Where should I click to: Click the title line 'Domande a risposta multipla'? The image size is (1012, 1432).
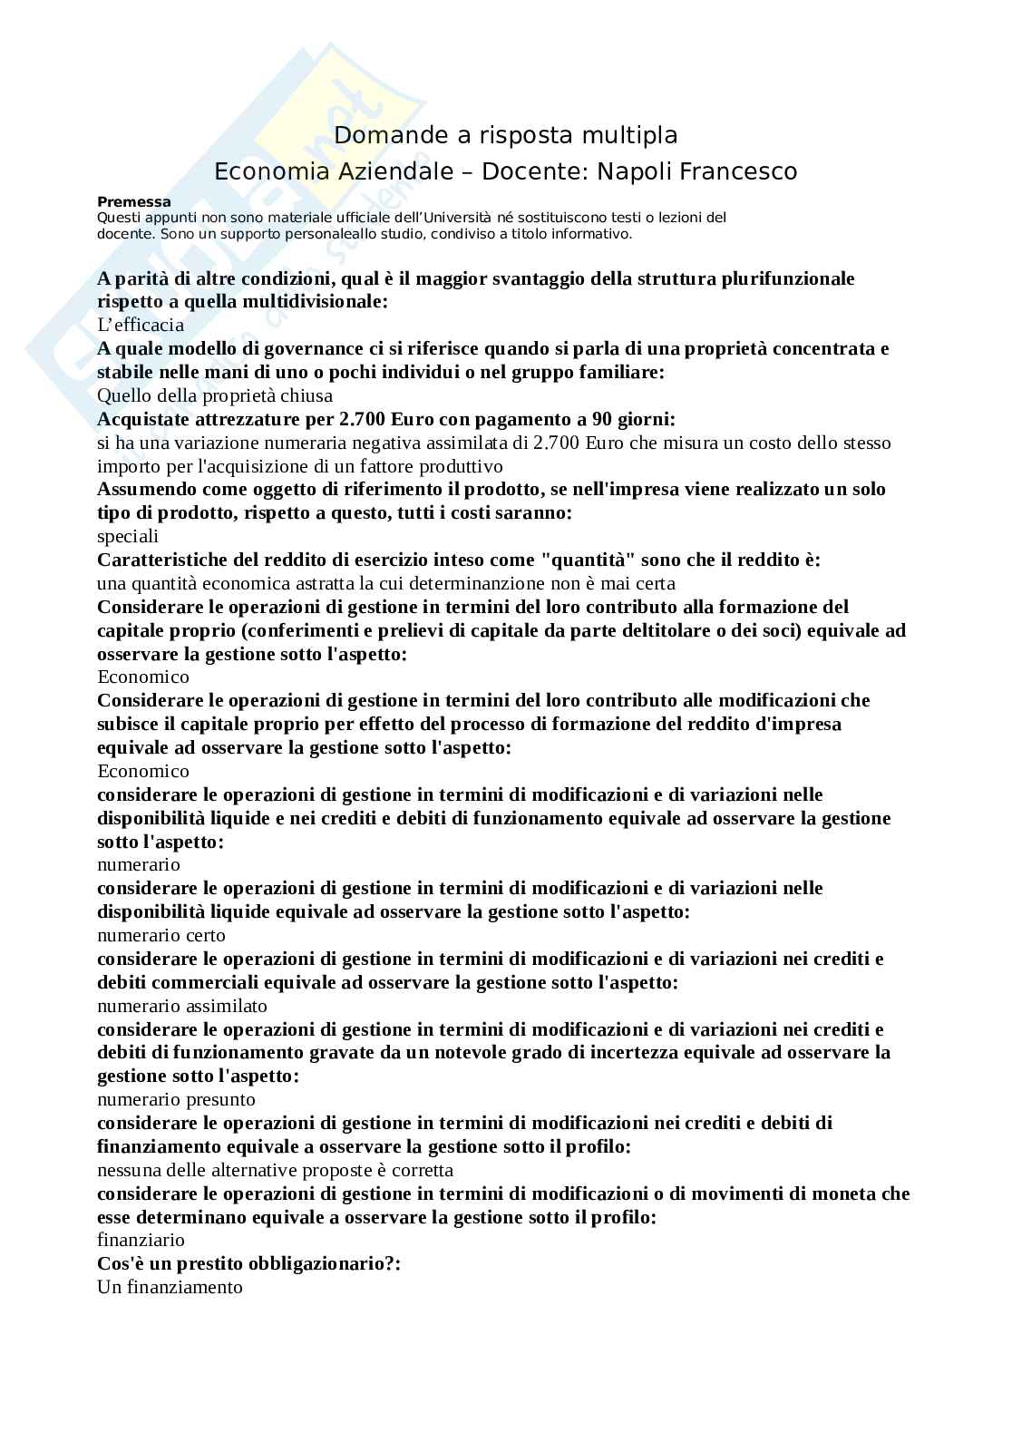coord(506,135)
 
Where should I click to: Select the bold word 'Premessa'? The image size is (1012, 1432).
coord(134,202)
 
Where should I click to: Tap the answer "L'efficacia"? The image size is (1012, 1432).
coord(141,325)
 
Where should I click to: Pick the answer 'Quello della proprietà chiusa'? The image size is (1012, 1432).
coord(215,395)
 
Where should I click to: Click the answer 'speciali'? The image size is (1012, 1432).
coord(128,536)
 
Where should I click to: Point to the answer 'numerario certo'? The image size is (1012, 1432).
coord(161,935)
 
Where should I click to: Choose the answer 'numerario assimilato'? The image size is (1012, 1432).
coord(182,1006)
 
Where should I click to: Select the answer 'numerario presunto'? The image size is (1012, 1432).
coord(176,1099)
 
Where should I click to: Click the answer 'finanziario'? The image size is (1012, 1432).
coord(141,1240)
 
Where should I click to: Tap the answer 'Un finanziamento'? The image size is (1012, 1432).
coord(170,1287)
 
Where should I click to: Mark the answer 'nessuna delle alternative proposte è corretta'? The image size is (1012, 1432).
coord(275,1170)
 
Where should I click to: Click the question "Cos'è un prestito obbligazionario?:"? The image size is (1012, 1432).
coord(248,1263)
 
